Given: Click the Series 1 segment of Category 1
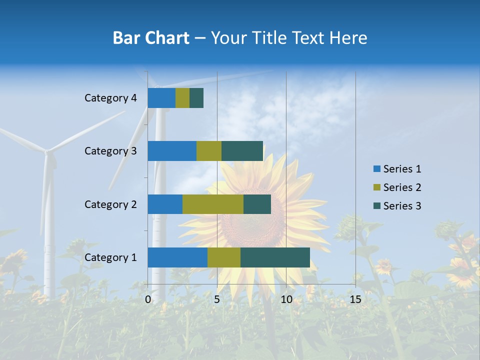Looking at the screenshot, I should click(x=177, y=257).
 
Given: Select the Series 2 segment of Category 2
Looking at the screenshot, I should click(x=213, y=204).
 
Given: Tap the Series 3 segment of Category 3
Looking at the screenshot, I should click(x=242, y=151).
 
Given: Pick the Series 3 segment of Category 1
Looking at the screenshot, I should click(x=275, y=257).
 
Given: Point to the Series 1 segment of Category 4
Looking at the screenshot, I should click(x=161, y=98).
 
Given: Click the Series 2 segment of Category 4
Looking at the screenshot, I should click(x=182, y=98).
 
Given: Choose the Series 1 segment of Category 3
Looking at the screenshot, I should click(x=172, y=151).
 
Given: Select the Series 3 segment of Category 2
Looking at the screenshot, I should click(x=257, y=204).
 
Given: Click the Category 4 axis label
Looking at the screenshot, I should click(x=110, y=98).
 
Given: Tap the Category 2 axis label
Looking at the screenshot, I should click(x=110, y=204).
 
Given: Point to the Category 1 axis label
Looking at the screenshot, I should click(x=110, y=257).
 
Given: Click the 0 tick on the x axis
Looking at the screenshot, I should click(x=148, y=299).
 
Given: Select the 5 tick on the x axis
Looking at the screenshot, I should click(x=217, y=299).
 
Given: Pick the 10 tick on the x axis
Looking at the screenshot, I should click(x=286, y=299).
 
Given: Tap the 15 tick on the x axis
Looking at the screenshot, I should click(x=355, y=299).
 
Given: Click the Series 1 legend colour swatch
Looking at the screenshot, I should click(x=376, y=169).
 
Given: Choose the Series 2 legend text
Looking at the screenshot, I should click(x=402, y=187).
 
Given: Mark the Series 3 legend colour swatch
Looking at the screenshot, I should click(x=376, y=206).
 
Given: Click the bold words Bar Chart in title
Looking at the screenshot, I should click(x=150, y=38).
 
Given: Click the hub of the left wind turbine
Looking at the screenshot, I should click(x=47, y=151).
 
